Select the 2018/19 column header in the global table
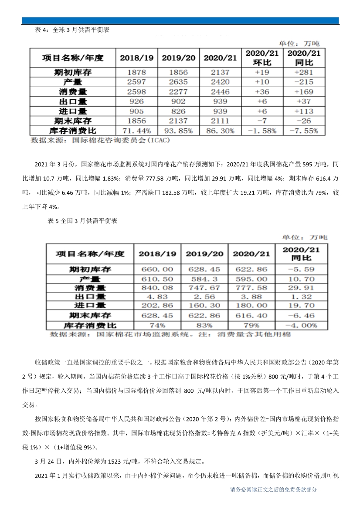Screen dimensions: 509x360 (x=136, y=58)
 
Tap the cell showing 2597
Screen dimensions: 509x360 (x=136, y=82)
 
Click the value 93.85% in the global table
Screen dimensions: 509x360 (x=179, y=130)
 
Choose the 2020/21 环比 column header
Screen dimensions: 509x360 (x=262, y=57)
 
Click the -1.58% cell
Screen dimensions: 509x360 (x=262, y=130)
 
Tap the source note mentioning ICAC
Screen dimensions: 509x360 (x=100, y=141)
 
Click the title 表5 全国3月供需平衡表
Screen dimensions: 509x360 (x=82, y=221)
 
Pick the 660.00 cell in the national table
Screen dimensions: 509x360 (x=157, y=270)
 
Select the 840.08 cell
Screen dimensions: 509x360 (x=157, y=288)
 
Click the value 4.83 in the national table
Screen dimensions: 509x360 (x=157, y=297)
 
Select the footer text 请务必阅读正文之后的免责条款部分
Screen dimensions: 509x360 (x=273, y=490)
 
